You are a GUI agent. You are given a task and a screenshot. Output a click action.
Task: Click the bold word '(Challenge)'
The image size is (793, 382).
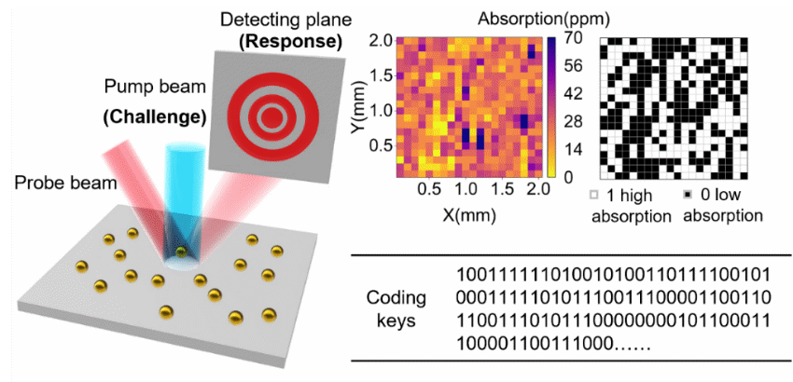pyautogui.click(x=154, y=117)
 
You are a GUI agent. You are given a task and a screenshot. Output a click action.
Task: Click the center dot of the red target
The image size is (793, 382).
pyautogui.click(x=271, y=116)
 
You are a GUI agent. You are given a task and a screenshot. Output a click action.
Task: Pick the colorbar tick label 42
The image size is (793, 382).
pyautogui.click(x=572, y=94)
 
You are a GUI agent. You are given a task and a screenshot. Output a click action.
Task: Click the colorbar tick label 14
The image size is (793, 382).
pyautogui.click(x=572, y=148)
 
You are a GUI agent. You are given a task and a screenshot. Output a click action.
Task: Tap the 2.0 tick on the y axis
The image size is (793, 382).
pyautogui.click(x=380, y=41)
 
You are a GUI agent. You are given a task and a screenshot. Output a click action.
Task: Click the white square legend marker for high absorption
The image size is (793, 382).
pyautogui.click(x=594, y=197)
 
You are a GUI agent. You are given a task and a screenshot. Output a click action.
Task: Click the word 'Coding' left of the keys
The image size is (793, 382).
pyautogui.click(x=396, y=298)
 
